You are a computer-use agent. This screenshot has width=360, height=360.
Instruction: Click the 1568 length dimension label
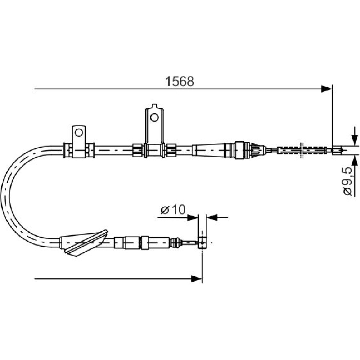pyautogui.click(x=180, y=81)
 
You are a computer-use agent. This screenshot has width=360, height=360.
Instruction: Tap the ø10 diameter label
pyautogui.click(x=173, y=210)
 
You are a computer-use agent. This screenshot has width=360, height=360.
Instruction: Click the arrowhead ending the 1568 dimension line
pyautogui.click(x=327, y=89)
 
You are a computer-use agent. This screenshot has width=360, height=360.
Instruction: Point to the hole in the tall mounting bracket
pyautogui.click(x=154, y=118)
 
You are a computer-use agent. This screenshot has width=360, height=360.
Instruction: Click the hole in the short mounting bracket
pyautogui.click(x=79, y=132)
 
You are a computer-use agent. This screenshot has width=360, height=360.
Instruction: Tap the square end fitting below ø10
pyautogui.click(x=202, y=242)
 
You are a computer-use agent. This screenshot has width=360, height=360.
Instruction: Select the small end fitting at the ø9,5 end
pyautogui.click(x=337, y=150)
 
